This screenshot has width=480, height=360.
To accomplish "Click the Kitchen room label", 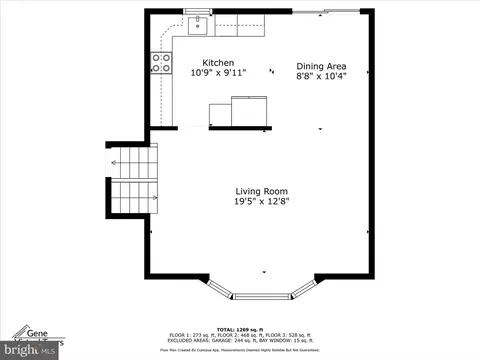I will point(218,61).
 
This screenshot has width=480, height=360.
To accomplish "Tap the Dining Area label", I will point(321,67).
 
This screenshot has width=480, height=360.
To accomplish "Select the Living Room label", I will point(262,191).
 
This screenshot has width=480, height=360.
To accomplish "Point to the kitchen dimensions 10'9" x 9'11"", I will point(218,72).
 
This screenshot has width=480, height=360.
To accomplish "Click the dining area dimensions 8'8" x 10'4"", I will point(321,77).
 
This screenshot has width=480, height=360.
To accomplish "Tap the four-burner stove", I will point(160,63).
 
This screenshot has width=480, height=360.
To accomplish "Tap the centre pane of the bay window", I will point(264,296).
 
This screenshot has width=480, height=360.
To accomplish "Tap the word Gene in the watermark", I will point(38,333).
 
